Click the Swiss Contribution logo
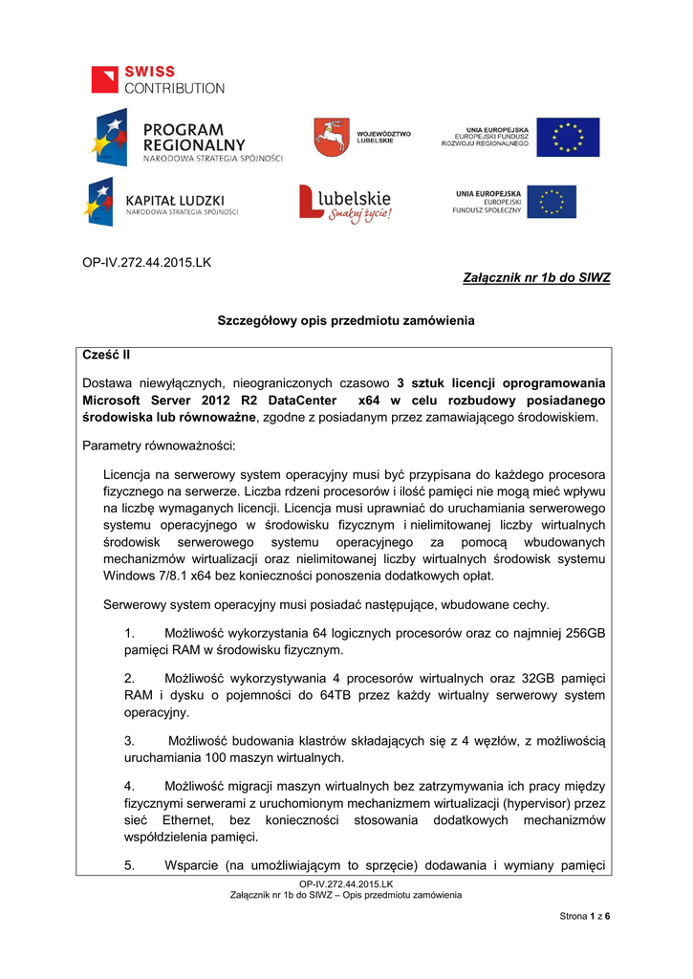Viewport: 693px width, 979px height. (158, 79)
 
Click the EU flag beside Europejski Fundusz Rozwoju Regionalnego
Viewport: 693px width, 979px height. (567, 138)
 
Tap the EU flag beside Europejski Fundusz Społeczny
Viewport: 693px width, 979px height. (552, 203)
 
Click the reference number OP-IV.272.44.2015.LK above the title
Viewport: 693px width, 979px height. (146, 262)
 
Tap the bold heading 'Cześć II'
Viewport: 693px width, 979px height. (106, 355)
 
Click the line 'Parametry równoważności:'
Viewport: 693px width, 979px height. (152, 446)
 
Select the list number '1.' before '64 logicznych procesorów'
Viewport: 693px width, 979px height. (132, 634)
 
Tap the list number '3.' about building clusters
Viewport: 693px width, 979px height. (132, 741)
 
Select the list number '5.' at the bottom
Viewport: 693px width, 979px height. (132, 866)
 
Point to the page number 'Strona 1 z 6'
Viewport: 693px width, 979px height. (584, 917)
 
